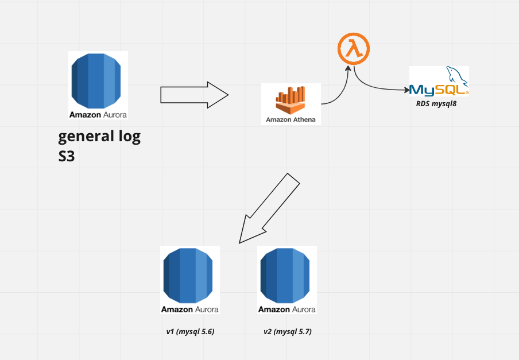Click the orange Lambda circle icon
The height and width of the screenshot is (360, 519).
[353, 50]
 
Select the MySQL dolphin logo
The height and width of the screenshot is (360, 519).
[456, 75]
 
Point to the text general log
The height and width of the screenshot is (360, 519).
[99, 137]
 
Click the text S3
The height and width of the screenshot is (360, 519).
[67, 156]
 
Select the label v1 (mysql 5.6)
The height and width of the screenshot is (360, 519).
[190, 332]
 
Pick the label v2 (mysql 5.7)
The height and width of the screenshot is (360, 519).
[287, 332]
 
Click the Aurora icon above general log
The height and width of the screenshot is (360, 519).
[98, 80]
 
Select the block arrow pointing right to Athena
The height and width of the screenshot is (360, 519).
[194, 95]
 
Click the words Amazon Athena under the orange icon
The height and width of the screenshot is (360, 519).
[291, 120]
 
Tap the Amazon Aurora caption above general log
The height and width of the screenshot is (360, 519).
[98, 114]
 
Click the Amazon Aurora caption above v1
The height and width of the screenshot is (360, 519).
[190, 309]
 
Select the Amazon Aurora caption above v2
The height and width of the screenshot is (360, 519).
[287, 309]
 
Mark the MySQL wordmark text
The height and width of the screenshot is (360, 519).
[436, 90]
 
